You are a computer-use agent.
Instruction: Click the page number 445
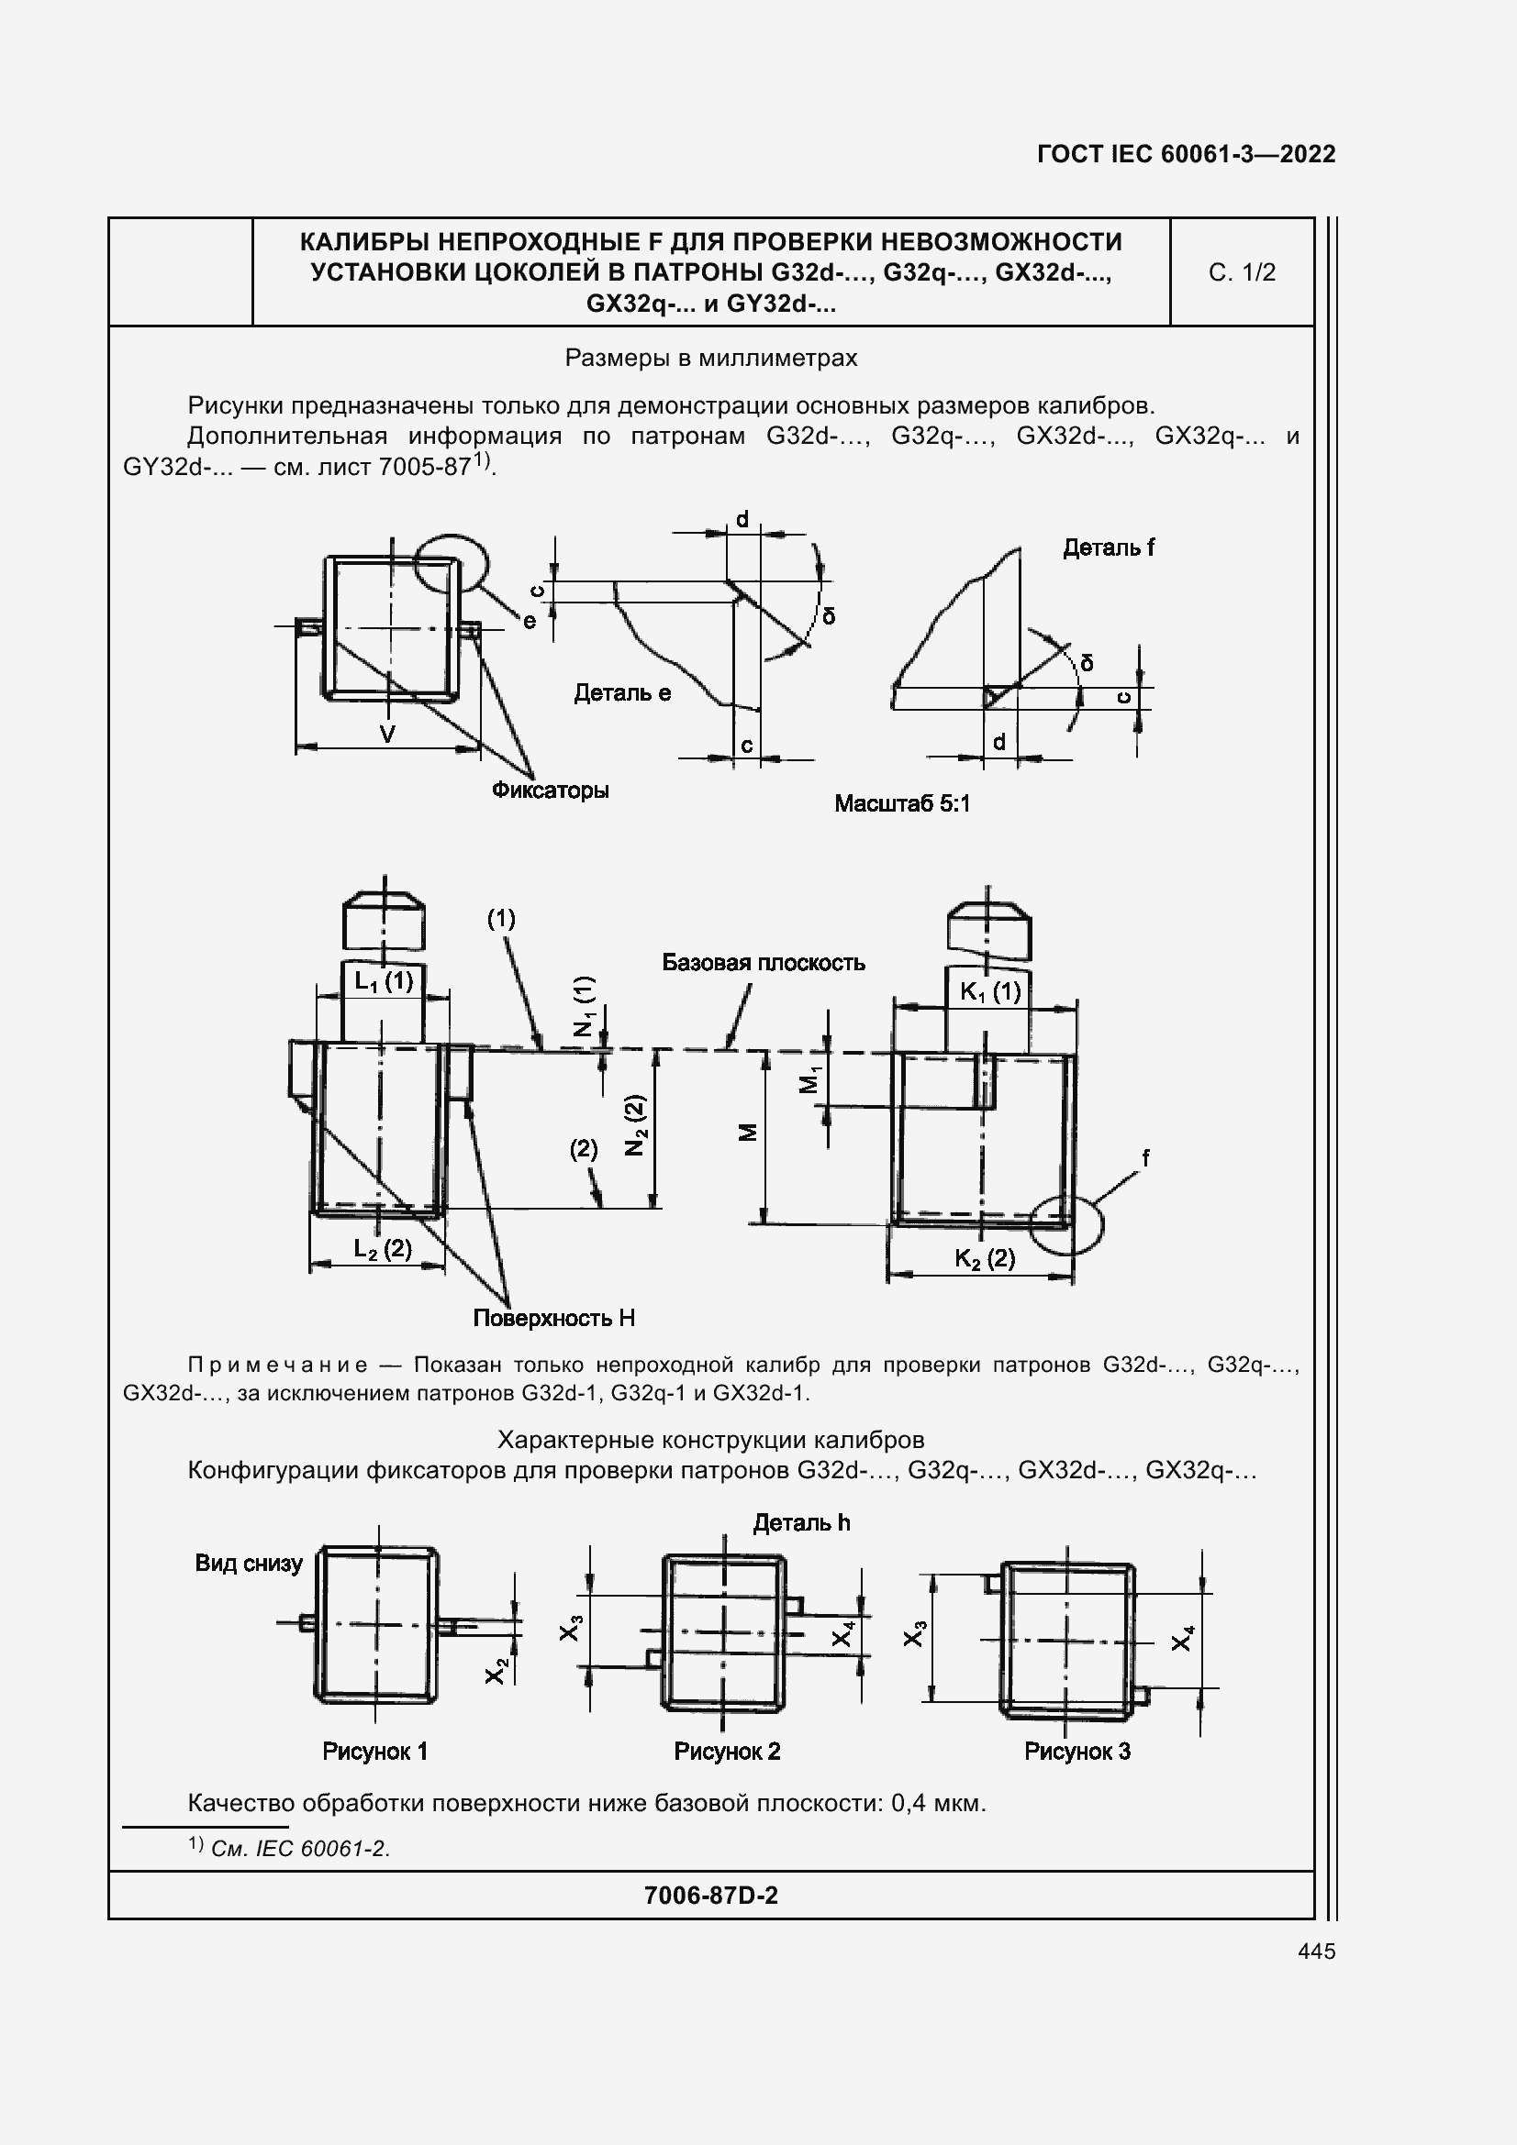(x=1316, y=1951)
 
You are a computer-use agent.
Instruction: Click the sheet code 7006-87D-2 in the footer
(x=710, y=1895)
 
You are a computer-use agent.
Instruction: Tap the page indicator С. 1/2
(x=1242, y=271)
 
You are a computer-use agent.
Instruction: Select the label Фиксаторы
(x=551, y=791)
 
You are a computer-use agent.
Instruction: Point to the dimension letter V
(x=387, y=735)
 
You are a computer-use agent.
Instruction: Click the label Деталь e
(x=622, y=692)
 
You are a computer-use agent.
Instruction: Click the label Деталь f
(x=1109, y=547)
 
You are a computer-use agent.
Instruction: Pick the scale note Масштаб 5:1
(x=902, y=803)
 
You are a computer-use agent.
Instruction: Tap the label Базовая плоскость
(x=764, y=962)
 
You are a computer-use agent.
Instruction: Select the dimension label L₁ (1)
(x=384, y=981)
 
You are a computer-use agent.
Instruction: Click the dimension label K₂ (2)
(x=985, y=1258)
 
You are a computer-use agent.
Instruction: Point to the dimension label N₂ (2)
(x=637, y=1125)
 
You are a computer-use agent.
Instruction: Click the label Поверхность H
(x=553, y=1318)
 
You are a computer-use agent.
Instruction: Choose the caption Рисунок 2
(x=727, y=1752)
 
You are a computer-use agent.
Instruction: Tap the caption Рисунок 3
(x=1076, y=1752)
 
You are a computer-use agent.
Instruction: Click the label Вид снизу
(x=249, y=1563)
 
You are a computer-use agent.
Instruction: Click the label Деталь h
(x=802, y=1523)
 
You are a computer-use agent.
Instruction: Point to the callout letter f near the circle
(x=1145, y=1158)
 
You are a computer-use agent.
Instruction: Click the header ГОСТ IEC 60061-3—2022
(x=1186, y=154)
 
